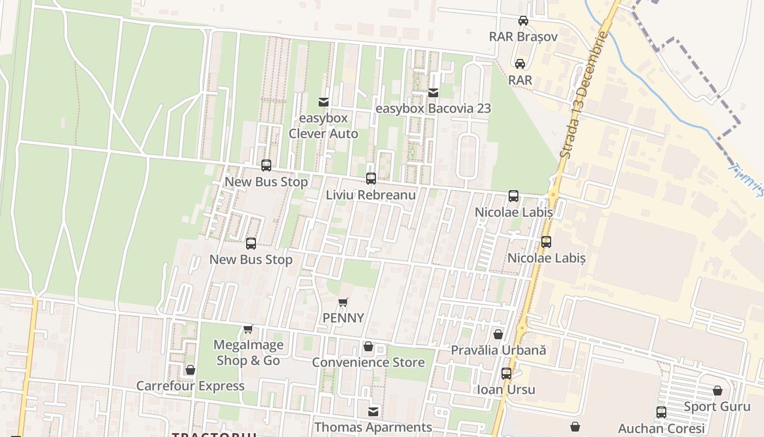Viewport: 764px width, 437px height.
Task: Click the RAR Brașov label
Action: pos(523,37)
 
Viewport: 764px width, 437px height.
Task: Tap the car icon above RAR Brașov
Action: pos(523,21)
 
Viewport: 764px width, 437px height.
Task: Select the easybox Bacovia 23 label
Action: pos(433,108)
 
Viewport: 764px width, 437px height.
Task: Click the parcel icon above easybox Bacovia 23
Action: pos(433,93)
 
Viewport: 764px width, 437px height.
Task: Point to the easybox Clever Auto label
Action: pos(324,126)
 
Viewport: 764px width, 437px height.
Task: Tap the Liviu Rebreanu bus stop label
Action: pos(371,195)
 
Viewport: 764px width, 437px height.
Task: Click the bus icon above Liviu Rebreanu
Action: pos(371,179)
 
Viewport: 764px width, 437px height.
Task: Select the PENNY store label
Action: pos(343,318)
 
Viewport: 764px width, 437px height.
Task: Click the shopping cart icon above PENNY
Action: pos(343,302)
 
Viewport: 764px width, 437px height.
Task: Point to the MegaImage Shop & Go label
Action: pos(248,353)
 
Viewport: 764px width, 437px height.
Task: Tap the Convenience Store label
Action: pos(368,362)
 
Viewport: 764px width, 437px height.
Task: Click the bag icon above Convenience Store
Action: pos(368,347)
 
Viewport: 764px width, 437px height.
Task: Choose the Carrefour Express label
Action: pos(190,386)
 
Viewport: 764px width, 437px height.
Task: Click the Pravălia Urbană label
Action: pos(498,350)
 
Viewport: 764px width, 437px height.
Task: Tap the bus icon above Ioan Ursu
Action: pos(506,374)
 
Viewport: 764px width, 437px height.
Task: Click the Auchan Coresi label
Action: pos(661,428)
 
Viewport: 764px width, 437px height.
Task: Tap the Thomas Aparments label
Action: pos(373,427)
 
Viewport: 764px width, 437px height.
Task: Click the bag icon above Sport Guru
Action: pos(718,391)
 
